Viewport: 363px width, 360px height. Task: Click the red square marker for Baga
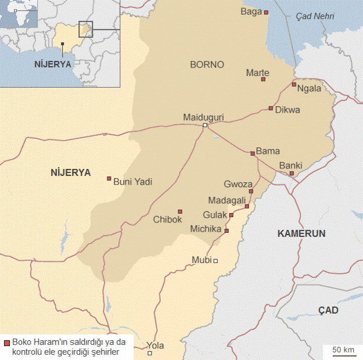(266, 12)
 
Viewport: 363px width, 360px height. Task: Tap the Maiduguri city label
(203, 117)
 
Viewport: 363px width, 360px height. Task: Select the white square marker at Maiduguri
(205, 125)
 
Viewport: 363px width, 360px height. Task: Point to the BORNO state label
(207, 64)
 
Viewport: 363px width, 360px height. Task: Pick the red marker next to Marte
(263, 80)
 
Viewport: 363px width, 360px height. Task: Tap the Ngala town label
(308, 89)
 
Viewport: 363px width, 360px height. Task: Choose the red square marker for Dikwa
(271, 109)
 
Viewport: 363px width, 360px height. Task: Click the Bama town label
(268, 151)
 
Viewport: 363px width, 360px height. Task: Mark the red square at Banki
(292, 174)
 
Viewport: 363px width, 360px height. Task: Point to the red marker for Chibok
(180, 211)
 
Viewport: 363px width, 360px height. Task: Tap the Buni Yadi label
(132, 182)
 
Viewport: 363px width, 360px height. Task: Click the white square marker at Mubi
(215, 261)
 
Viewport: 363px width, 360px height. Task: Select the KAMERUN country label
(301, 233)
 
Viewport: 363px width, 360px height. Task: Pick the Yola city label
(155, 345)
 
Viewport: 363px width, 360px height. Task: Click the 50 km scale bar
(343, 351)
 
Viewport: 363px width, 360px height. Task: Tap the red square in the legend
(6, 343)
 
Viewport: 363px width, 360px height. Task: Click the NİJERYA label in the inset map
(52, 63)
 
